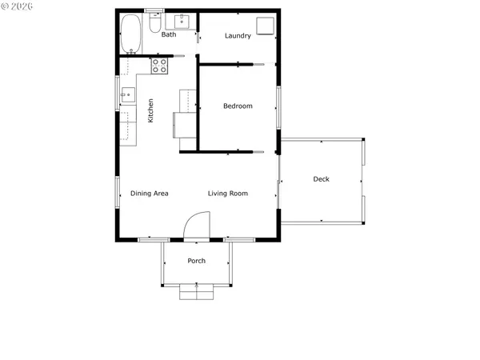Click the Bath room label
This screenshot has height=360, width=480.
coord(169,34)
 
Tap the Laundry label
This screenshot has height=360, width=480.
coord(238,35)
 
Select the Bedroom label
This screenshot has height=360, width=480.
coord(238,106)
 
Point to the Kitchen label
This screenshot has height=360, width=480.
coord(150,110)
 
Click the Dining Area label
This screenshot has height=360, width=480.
coord(149,194)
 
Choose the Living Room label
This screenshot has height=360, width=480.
coord(228,194)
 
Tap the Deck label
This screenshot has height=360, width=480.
coord(321,179)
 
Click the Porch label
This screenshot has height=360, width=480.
coord(197,261)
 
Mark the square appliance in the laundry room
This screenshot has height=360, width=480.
coord(265,25)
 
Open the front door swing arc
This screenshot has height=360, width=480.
coord(197,225)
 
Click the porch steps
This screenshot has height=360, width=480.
coord(197,292)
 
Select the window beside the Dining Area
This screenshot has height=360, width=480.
coord(118,191)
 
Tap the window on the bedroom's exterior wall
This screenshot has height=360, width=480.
coord(278,106)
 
